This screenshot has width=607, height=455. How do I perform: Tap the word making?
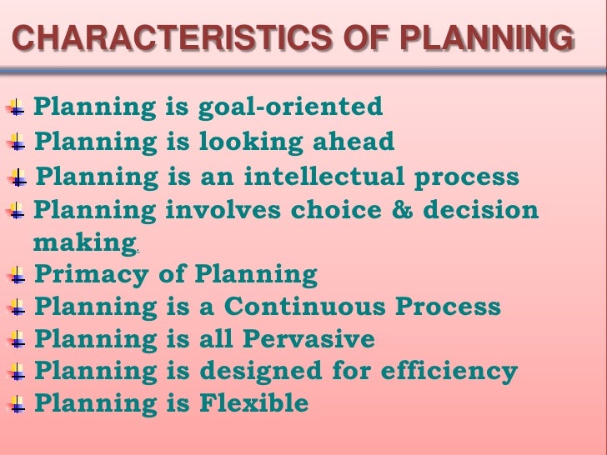[x=81, y=243]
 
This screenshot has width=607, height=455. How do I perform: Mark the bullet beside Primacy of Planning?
[x=17, y=275]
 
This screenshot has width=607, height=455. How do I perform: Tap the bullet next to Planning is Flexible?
[x=17, y=405]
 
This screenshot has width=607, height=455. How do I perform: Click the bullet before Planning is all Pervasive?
[x=17, y=341]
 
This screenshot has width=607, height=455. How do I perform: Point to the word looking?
[x=243, y=142]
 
